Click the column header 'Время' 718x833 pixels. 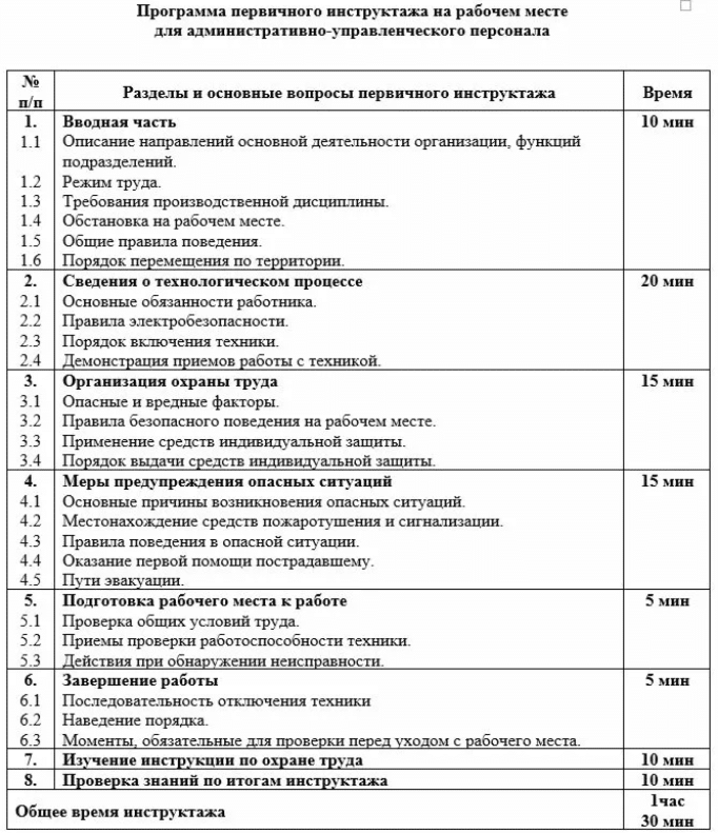coord(667,93)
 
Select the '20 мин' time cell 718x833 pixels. coord(667,281)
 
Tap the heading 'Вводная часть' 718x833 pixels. coord(119,122)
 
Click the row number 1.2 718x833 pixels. coord(31,182)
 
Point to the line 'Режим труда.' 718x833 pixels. coord(112,182)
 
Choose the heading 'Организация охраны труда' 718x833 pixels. coord(170,381)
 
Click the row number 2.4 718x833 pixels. coord(31,361)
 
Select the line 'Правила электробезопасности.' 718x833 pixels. coord(175,321)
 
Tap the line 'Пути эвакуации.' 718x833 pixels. coord(123,581)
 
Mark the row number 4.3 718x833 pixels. coord(31,541)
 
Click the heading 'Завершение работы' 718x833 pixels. coord(141,681)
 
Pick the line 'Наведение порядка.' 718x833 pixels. coord(135,720)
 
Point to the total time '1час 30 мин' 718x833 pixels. coord(667,811)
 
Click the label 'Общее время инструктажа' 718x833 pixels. coord(120,811)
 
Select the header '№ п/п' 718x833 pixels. coord(31,91)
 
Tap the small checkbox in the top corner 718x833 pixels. coord(685,6)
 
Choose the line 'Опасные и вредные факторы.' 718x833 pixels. coord(171,402)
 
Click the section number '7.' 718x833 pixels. coord(31,760)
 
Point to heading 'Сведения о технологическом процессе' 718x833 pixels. coord(213,281)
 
